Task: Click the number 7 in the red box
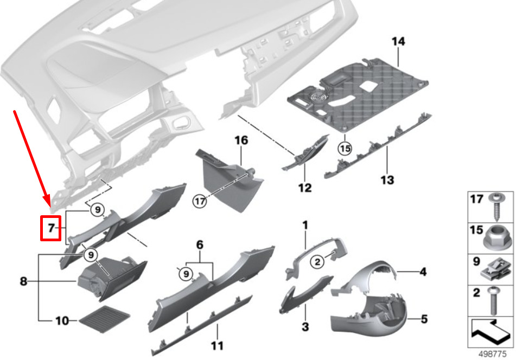click(x=52, y=228)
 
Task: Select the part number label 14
click(x=398, y=41)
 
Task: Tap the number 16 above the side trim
click(x=241, y=140)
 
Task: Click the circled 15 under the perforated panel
click(x=343, y=147)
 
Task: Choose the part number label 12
click(x=305, y=188)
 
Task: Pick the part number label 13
click(x=387, y=179)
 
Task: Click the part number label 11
click(x=217, y=345)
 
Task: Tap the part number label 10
click(x=62, y=321)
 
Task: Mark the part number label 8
click(x=23, y=281)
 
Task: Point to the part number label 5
click(x=424, y=319)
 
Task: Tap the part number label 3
click(x=305, y=326)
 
